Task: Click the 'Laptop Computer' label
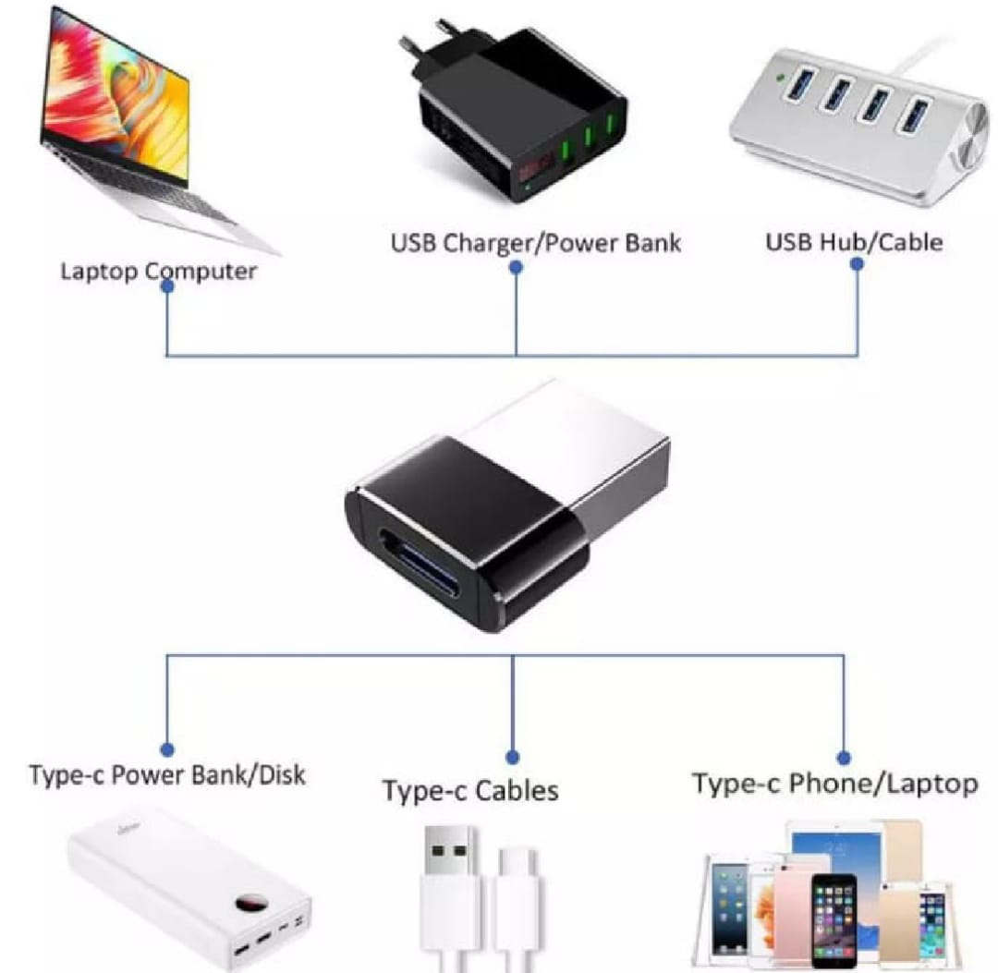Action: click(x=158, y=272)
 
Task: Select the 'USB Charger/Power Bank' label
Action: click(x=535, y=243)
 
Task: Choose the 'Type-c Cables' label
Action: click(x=470, y=791)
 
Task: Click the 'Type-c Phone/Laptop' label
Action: click(x=834, y=784)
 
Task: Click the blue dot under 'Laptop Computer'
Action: click(x=167, y=287)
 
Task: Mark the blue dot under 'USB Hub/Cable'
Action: click(x=857, y=263)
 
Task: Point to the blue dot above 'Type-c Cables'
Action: click(x=513, y=757)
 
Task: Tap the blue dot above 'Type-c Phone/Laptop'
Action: click(x=843, y=754)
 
